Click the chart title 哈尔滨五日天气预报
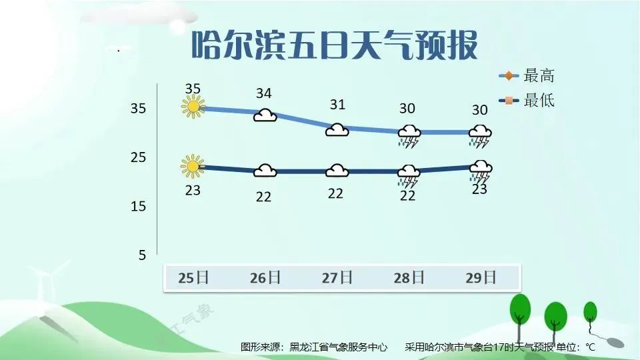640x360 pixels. [335, 45]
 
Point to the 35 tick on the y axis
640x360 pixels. [138, 108]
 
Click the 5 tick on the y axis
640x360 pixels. [142, 255]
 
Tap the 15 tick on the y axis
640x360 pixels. [138, 206]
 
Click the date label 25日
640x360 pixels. [193, 278]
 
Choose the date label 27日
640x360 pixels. [337, 278]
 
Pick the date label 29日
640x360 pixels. [481, 278]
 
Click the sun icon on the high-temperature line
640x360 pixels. [193, 107]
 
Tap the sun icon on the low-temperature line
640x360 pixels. [192, 166]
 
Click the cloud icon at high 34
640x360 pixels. [265, 115]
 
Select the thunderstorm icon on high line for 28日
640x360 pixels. [409, 136]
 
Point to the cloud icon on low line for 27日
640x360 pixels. [337, 171]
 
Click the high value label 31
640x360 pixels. [337, 105]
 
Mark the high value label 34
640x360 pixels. [264, 93]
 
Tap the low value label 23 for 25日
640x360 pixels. [193, 190]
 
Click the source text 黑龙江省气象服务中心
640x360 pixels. [338, 347]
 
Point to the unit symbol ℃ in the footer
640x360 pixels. [591, 347]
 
